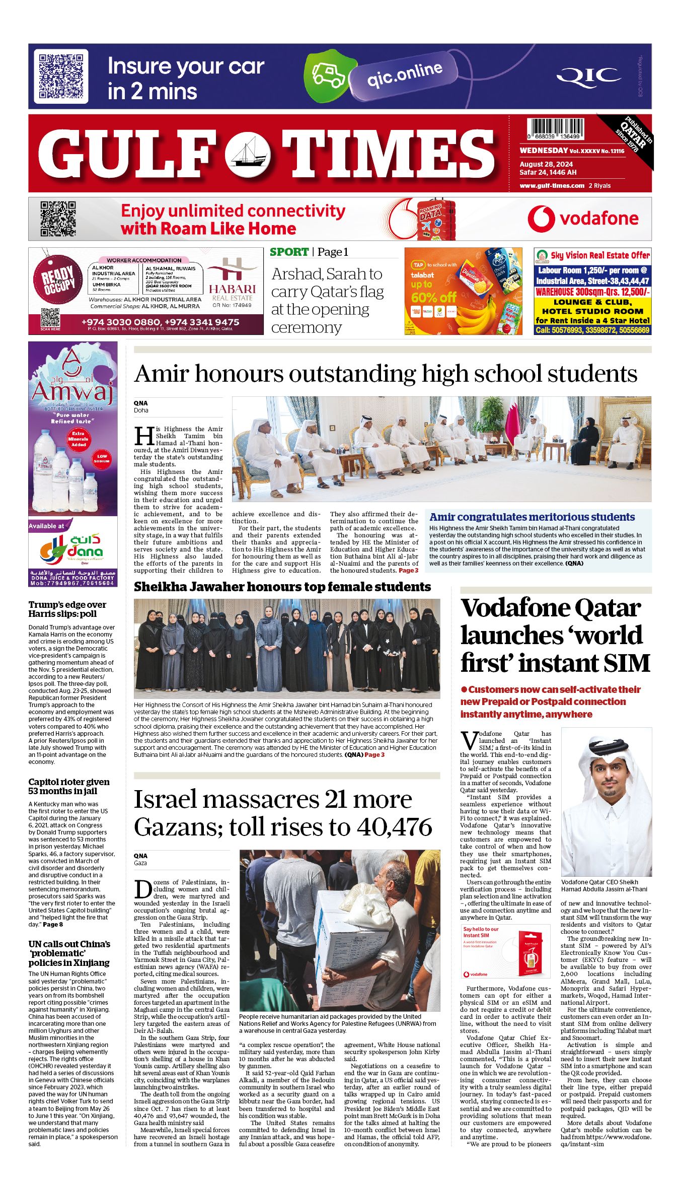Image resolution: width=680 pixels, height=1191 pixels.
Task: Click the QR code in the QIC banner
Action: pos(61,77)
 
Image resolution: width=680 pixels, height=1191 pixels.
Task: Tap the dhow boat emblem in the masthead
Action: pos(248,154)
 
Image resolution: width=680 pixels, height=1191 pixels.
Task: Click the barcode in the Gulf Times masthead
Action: pos(555,129)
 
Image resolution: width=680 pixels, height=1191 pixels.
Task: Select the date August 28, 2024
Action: pos(546,164)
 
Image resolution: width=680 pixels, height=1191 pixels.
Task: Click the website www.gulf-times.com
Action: pos(552,186)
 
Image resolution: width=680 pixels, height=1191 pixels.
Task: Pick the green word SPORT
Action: pos(289,252)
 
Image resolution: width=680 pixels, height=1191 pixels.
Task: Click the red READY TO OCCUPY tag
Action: pos(58,281)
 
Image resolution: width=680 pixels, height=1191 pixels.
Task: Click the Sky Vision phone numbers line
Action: pos(592,330)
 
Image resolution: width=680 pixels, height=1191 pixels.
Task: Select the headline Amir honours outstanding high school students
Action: pos(386,374)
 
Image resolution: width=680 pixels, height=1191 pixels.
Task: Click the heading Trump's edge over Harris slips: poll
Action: pos(67,609)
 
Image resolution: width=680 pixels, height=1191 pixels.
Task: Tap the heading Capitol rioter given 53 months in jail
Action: pos(68,786)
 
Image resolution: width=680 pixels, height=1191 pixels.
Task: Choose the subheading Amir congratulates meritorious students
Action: pos(532,517)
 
